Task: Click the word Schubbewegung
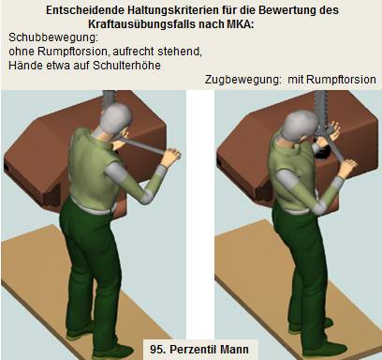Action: [x=53, y=37]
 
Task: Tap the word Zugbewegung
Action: [x=243, y=80]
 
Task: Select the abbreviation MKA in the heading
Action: [x=240, y=24]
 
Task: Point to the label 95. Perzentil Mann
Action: [x=199, y=349]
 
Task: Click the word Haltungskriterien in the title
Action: [x=172, y=10]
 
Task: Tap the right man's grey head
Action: [x=301, y=126]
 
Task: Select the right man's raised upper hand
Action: [x=332, y=130]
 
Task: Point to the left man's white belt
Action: [x=92, y=206]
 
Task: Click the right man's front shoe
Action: [x=325, y=348]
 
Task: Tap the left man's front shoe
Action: [x=114, y=351]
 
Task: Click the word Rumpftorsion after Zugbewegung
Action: [x=341, y=80]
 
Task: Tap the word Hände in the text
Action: [x=23, y=66]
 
